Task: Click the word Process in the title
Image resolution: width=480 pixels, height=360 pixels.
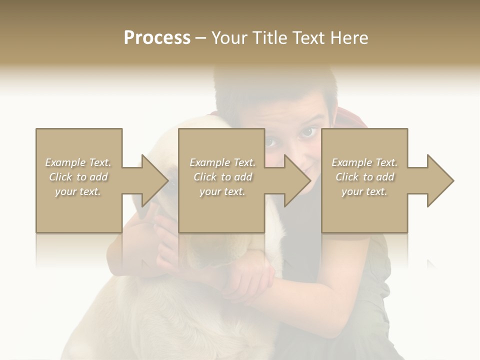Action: (x=157, y=38)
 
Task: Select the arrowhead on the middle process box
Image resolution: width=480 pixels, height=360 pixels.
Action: (x=297, y=180)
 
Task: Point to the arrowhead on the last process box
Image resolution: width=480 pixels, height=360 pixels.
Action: (x=440, y=180)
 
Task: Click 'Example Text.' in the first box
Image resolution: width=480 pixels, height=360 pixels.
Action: (x=78, y=162)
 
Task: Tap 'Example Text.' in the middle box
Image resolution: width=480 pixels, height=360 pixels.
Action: (x=222, y=162)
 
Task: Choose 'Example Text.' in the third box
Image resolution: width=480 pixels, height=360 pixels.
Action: (x=364, y=162)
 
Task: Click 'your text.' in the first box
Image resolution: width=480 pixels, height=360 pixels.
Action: (x=78, y=191)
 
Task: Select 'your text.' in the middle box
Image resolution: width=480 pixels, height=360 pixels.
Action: (x=222, y=191)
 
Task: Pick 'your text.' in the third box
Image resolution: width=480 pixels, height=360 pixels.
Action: (x=364, y=191)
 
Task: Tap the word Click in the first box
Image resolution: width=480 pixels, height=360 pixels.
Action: (x=60, y=177)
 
